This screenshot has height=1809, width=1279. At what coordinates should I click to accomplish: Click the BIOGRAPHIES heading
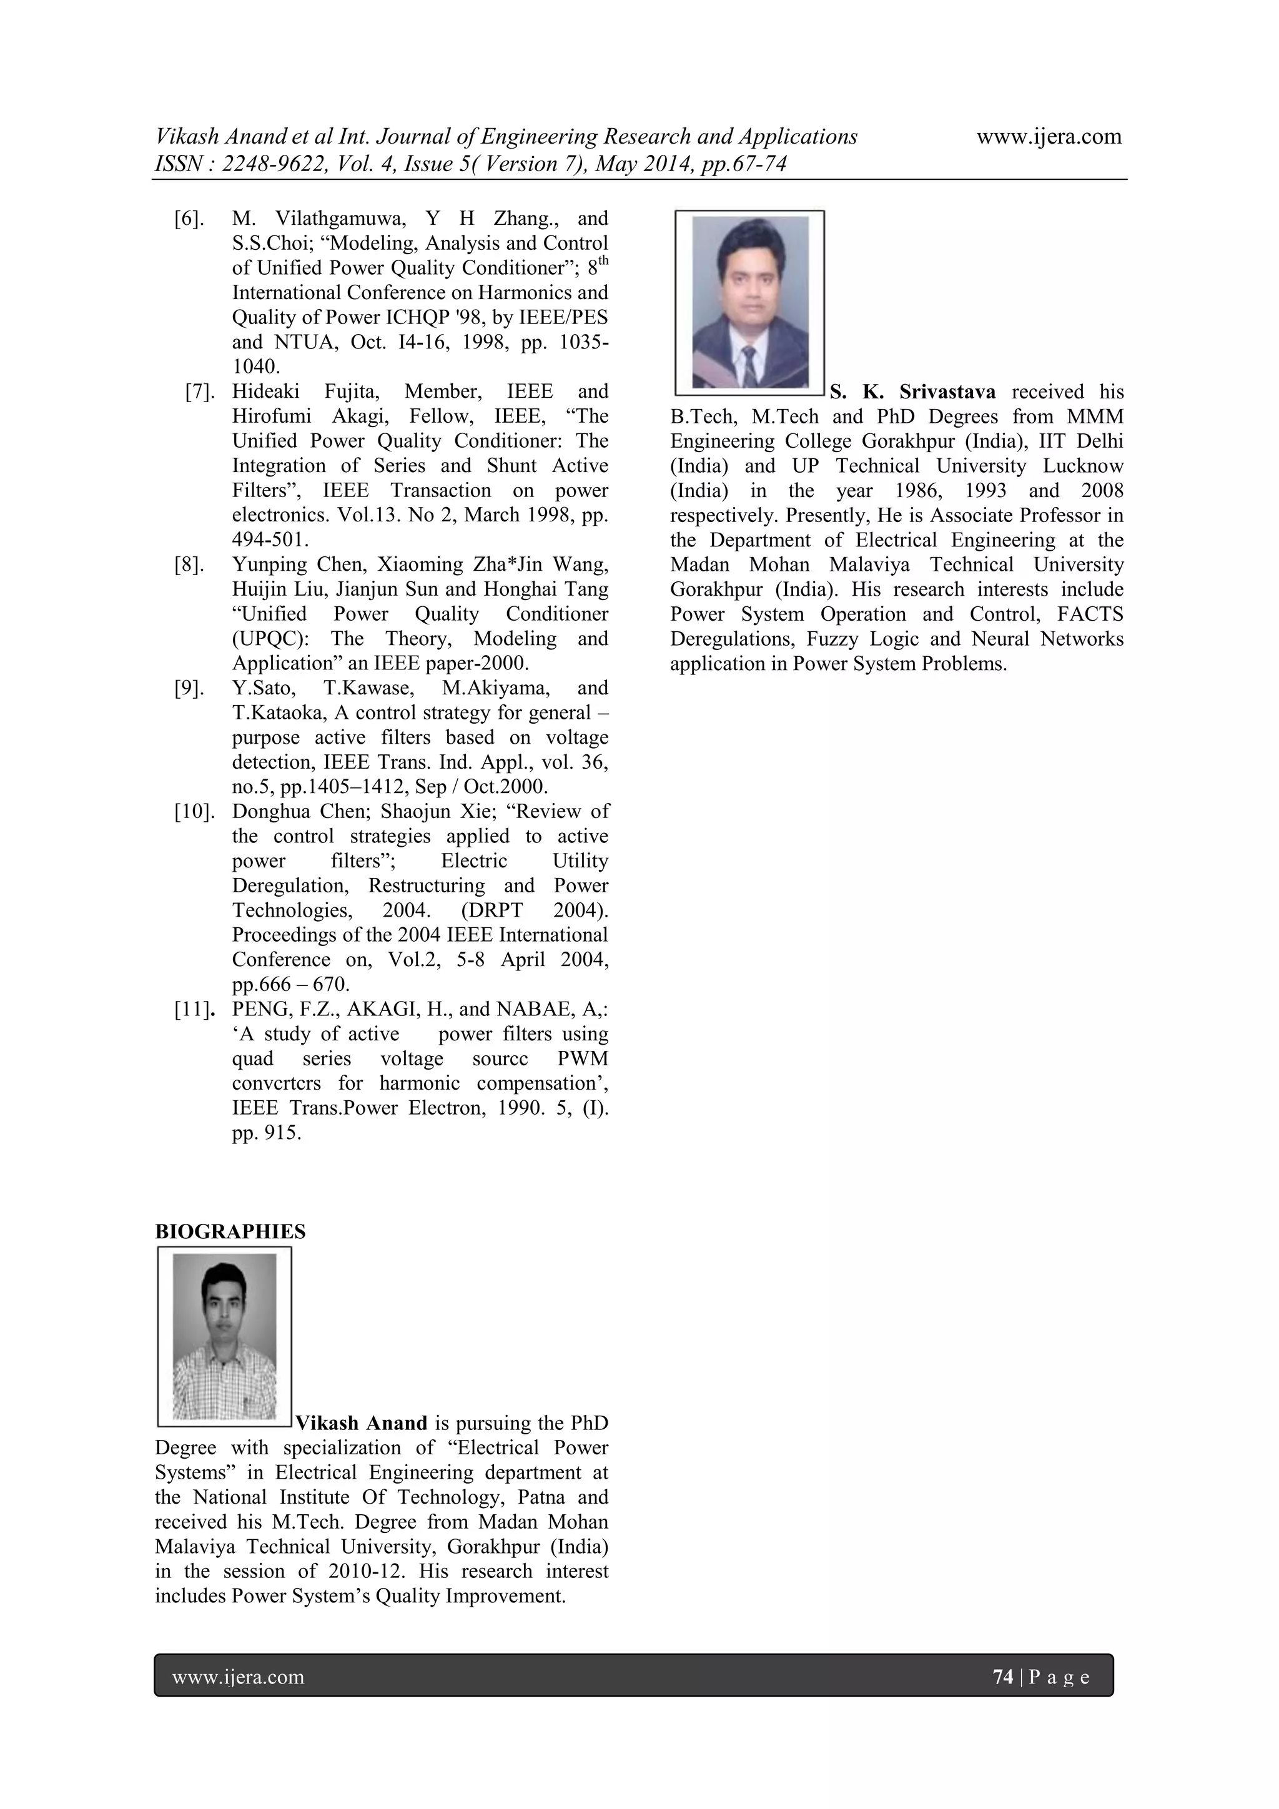tap(230, 1231)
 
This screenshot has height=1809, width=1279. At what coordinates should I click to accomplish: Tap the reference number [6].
tap(189, 219)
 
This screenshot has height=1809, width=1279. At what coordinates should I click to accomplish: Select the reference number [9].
tap(189, 688)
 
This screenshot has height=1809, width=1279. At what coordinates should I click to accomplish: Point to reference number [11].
tap(194, 1009)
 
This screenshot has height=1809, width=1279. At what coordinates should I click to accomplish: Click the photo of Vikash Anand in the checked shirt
tap(225, 1336)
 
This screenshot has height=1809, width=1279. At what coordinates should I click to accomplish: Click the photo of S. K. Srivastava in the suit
tap(749, 303)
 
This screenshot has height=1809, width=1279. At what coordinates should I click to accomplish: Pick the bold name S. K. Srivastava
tap(912, 392)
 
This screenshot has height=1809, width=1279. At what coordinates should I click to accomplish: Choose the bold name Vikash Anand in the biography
tap(361, 1423)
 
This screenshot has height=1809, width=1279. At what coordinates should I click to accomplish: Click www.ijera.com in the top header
tap(1049, 136)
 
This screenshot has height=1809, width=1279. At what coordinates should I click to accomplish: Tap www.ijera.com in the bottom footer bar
tap(238, 1677)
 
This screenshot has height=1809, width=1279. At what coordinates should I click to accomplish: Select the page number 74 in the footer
tap(1002, 1677)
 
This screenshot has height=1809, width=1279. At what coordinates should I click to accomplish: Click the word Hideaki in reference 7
tap(267, 392)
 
